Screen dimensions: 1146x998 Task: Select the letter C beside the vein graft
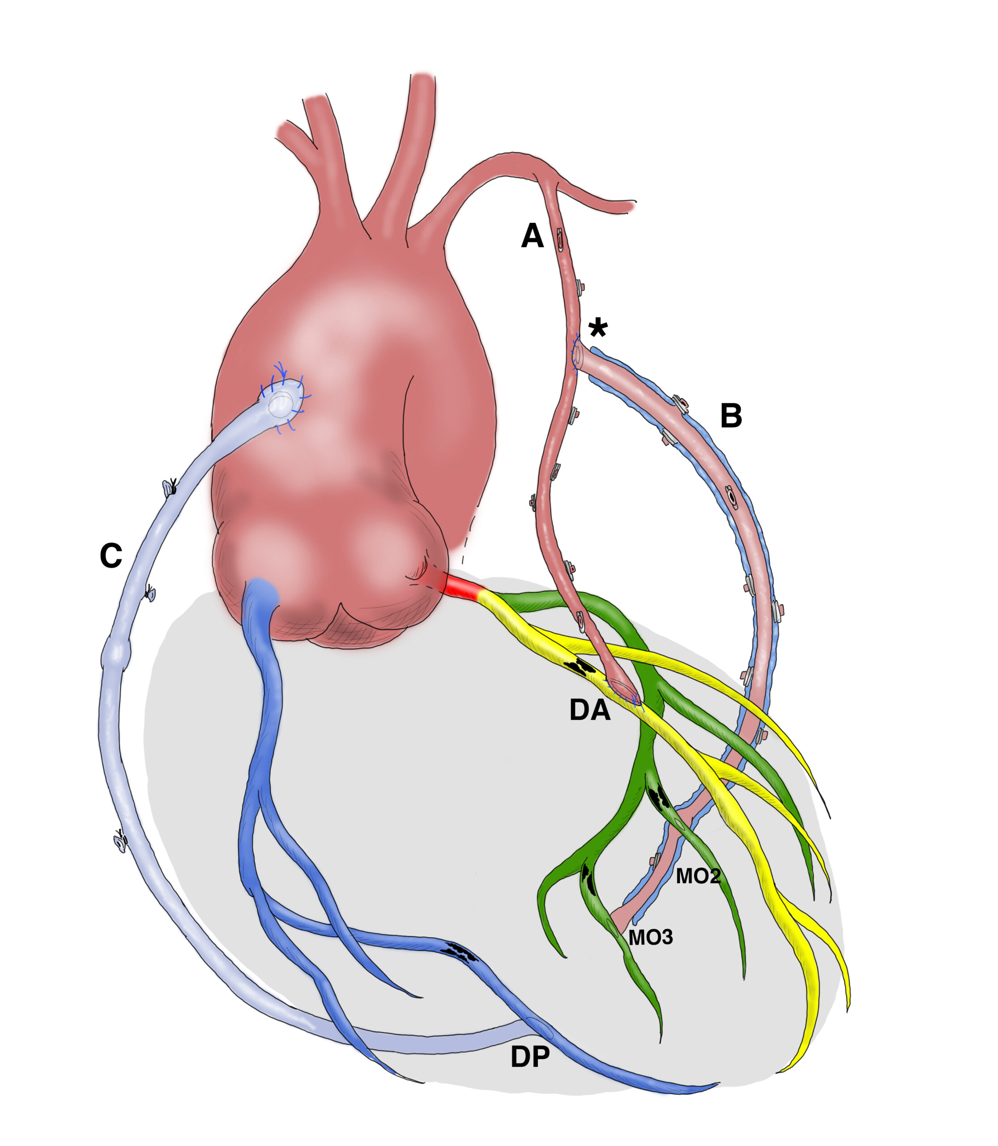click(111, 556)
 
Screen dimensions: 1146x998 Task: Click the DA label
click(589, 711)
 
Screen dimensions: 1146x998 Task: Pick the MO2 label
click(699, 877)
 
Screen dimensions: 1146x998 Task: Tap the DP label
click(529, 1057)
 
